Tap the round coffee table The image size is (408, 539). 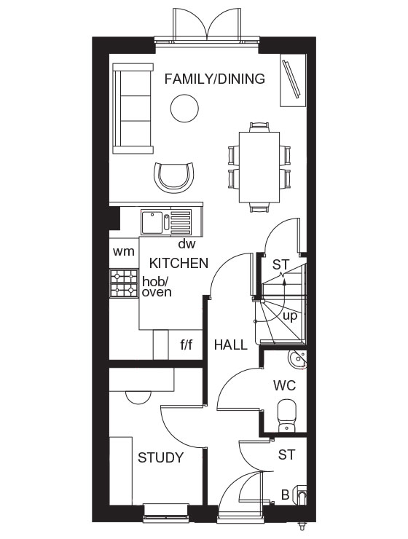click(184, 110)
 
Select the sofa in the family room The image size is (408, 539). click(133, 107)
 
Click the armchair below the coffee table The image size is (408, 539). click(176, 176)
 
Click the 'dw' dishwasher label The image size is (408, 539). click(187, 244)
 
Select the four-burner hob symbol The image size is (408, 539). click(124, 283)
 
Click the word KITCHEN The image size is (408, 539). click(179, 263)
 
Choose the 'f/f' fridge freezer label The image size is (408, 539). click(186, 345)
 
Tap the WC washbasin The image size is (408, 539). click(297, 359)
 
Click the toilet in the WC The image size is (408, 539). click(287, 412)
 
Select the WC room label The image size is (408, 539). click(283, 384)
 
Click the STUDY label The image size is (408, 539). click(160, 457)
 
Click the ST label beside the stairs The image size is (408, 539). click(280, 265)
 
